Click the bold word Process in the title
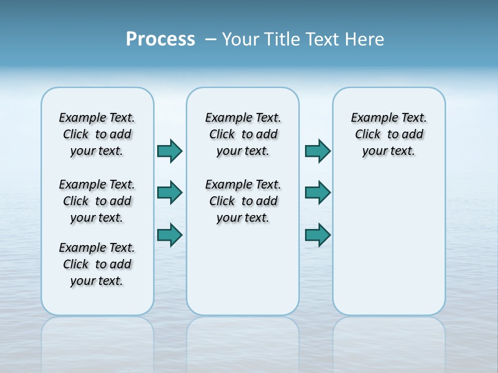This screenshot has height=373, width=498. (160, 39)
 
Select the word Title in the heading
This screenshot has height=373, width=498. (283, 39)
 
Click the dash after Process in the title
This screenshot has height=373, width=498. (211, 40)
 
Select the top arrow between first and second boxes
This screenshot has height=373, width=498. (170, 151)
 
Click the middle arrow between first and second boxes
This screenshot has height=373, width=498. (170, 193)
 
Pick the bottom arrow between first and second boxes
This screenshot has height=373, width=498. (170, 235)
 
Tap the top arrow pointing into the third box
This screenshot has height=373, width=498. (317, 151)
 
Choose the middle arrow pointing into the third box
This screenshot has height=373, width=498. (317, 193)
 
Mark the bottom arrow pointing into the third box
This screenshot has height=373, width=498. (317, 235)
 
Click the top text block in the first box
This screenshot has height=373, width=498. (97, 134)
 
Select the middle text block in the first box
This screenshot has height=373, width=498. (97, 201)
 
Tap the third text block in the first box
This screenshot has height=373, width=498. (97, 264)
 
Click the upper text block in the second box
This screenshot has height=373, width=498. (243, 134)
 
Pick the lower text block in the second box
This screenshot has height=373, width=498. (243, 201)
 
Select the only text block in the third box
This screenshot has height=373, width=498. (389, 134)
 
